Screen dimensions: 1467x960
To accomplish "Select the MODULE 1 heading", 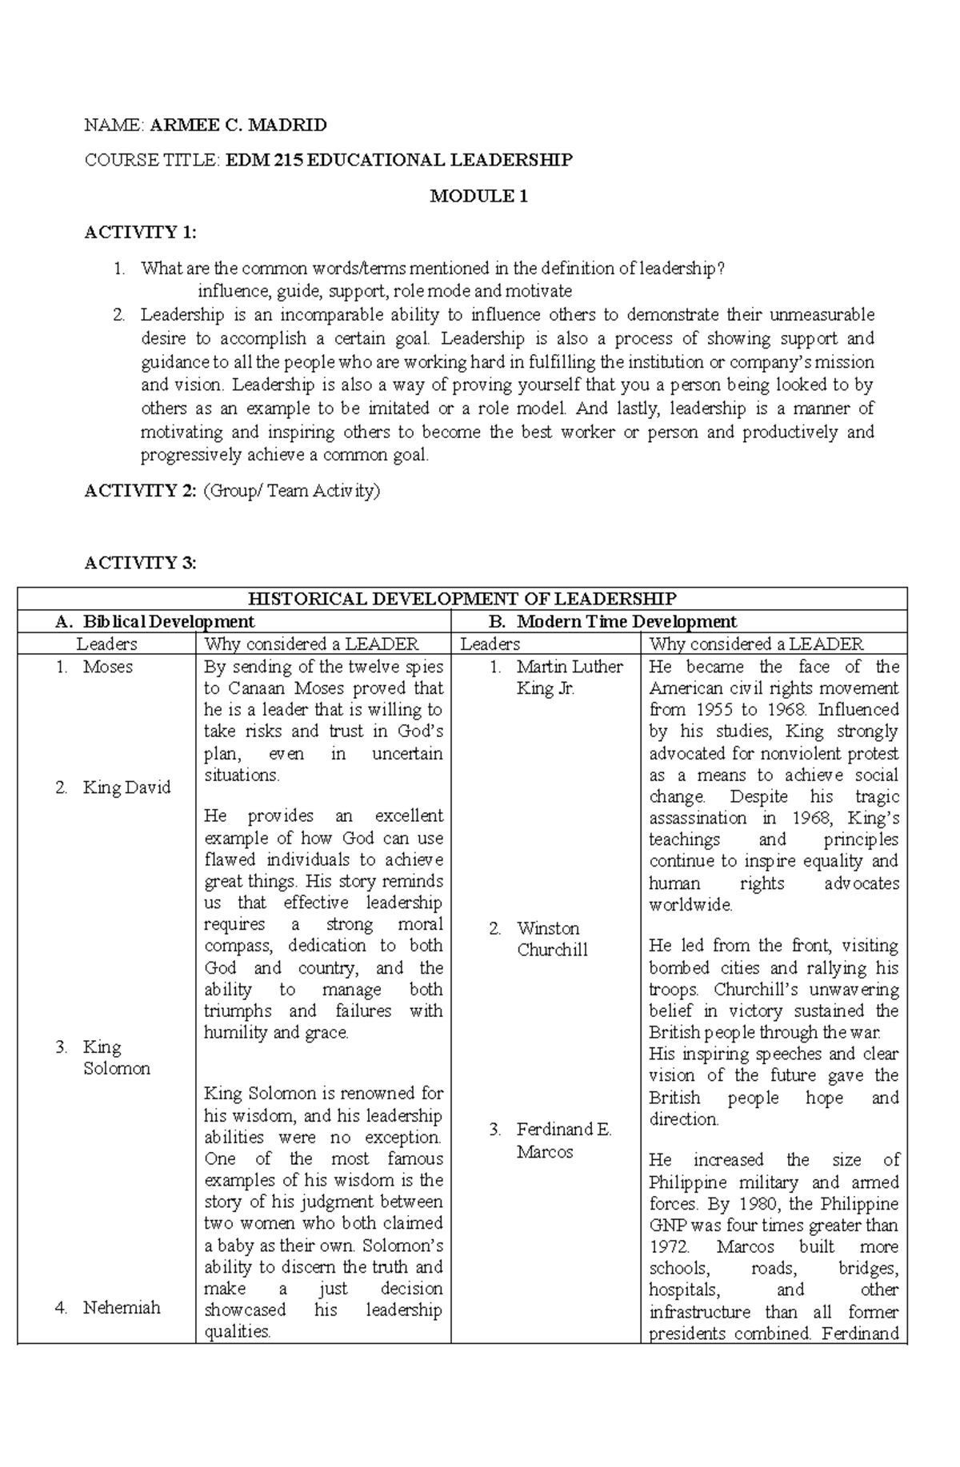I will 478,196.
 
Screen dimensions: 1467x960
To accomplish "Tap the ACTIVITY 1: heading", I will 140,232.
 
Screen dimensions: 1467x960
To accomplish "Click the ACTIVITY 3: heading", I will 140,563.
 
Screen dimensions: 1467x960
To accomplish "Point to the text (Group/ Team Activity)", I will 291,491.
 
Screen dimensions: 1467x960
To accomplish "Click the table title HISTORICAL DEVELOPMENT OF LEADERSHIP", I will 462,599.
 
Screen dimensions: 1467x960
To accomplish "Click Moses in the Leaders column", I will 107,667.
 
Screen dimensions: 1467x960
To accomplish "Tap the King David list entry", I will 126,787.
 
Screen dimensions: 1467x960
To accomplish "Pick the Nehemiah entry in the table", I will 122,1308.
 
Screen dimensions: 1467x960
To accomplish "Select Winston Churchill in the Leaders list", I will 552,939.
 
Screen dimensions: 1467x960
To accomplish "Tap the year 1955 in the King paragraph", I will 702,709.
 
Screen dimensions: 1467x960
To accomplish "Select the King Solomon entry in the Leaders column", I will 116,1058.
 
